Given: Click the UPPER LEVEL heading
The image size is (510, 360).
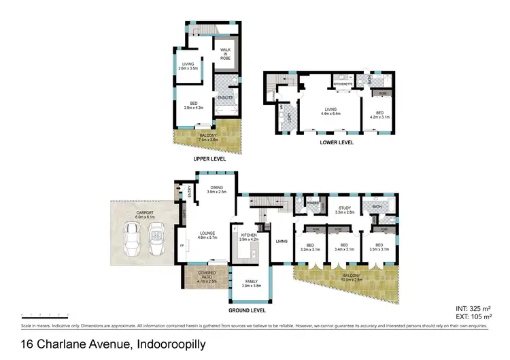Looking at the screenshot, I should (x=208, y=159).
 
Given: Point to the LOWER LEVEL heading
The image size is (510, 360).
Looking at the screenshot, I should (x=336, y=144).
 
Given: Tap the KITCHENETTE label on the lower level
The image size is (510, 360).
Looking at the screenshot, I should (x=341, y=84).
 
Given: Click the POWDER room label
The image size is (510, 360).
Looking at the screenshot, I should (x=313, y=203).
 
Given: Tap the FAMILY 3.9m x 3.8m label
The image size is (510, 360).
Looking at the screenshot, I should (x=252, y=282).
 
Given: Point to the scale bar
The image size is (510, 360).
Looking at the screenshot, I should (x=44, y=316).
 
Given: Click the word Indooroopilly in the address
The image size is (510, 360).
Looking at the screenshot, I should (x=171, y=345).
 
